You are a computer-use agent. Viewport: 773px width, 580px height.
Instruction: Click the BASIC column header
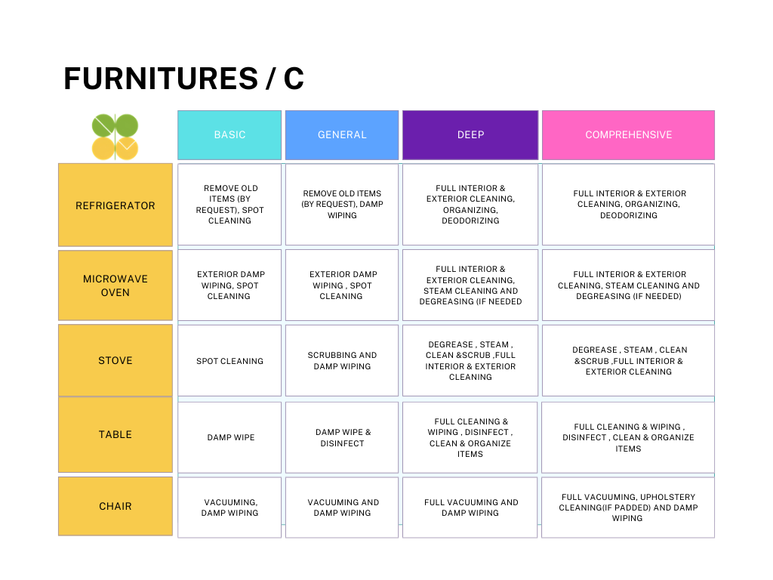229,135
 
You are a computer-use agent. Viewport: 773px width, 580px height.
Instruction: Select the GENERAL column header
342,135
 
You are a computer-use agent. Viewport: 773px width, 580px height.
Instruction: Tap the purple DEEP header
470,135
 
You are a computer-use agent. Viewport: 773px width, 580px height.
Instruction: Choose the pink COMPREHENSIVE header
629,135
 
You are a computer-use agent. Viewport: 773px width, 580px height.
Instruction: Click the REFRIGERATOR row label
115,205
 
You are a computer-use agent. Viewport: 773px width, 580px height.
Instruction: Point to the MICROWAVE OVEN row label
115,285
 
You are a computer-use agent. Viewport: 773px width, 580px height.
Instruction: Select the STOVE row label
115,360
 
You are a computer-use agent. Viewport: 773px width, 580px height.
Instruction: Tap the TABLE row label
115,434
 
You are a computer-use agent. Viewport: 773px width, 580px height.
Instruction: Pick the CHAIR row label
115,506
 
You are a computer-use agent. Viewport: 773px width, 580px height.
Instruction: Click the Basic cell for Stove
229,360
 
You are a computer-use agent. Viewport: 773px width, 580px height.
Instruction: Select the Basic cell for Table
229,437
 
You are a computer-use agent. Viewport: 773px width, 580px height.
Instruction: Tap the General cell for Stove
342,360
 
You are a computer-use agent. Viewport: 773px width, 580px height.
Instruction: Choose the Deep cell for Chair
470,507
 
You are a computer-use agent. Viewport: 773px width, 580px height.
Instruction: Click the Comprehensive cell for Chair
628,507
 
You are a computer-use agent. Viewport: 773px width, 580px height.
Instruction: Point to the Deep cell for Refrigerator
470,204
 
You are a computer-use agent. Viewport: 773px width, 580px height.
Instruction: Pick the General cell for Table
342,437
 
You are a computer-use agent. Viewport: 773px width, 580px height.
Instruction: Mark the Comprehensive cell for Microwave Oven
629,285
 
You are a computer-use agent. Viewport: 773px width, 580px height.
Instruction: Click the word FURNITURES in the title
162,79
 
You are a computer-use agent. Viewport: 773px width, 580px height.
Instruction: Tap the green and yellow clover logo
115,137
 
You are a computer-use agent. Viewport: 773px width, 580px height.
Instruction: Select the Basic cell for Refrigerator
229,204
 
